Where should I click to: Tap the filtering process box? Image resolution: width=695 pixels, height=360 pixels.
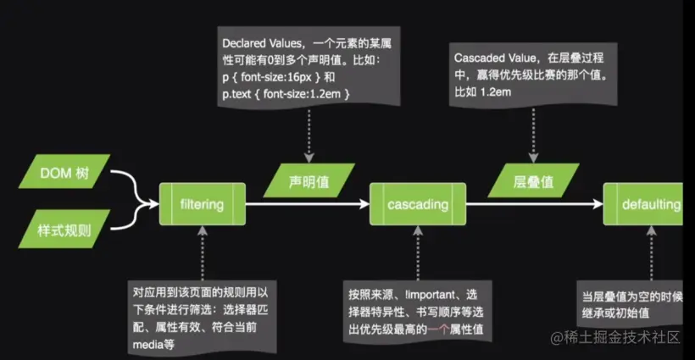click(x=202, y=204)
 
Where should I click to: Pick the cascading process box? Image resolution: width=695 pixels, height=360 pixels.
click(x=420, y=204)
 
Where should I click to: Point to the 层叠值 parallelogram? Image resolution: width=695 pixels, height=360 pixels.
click(x=532, y=181)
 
